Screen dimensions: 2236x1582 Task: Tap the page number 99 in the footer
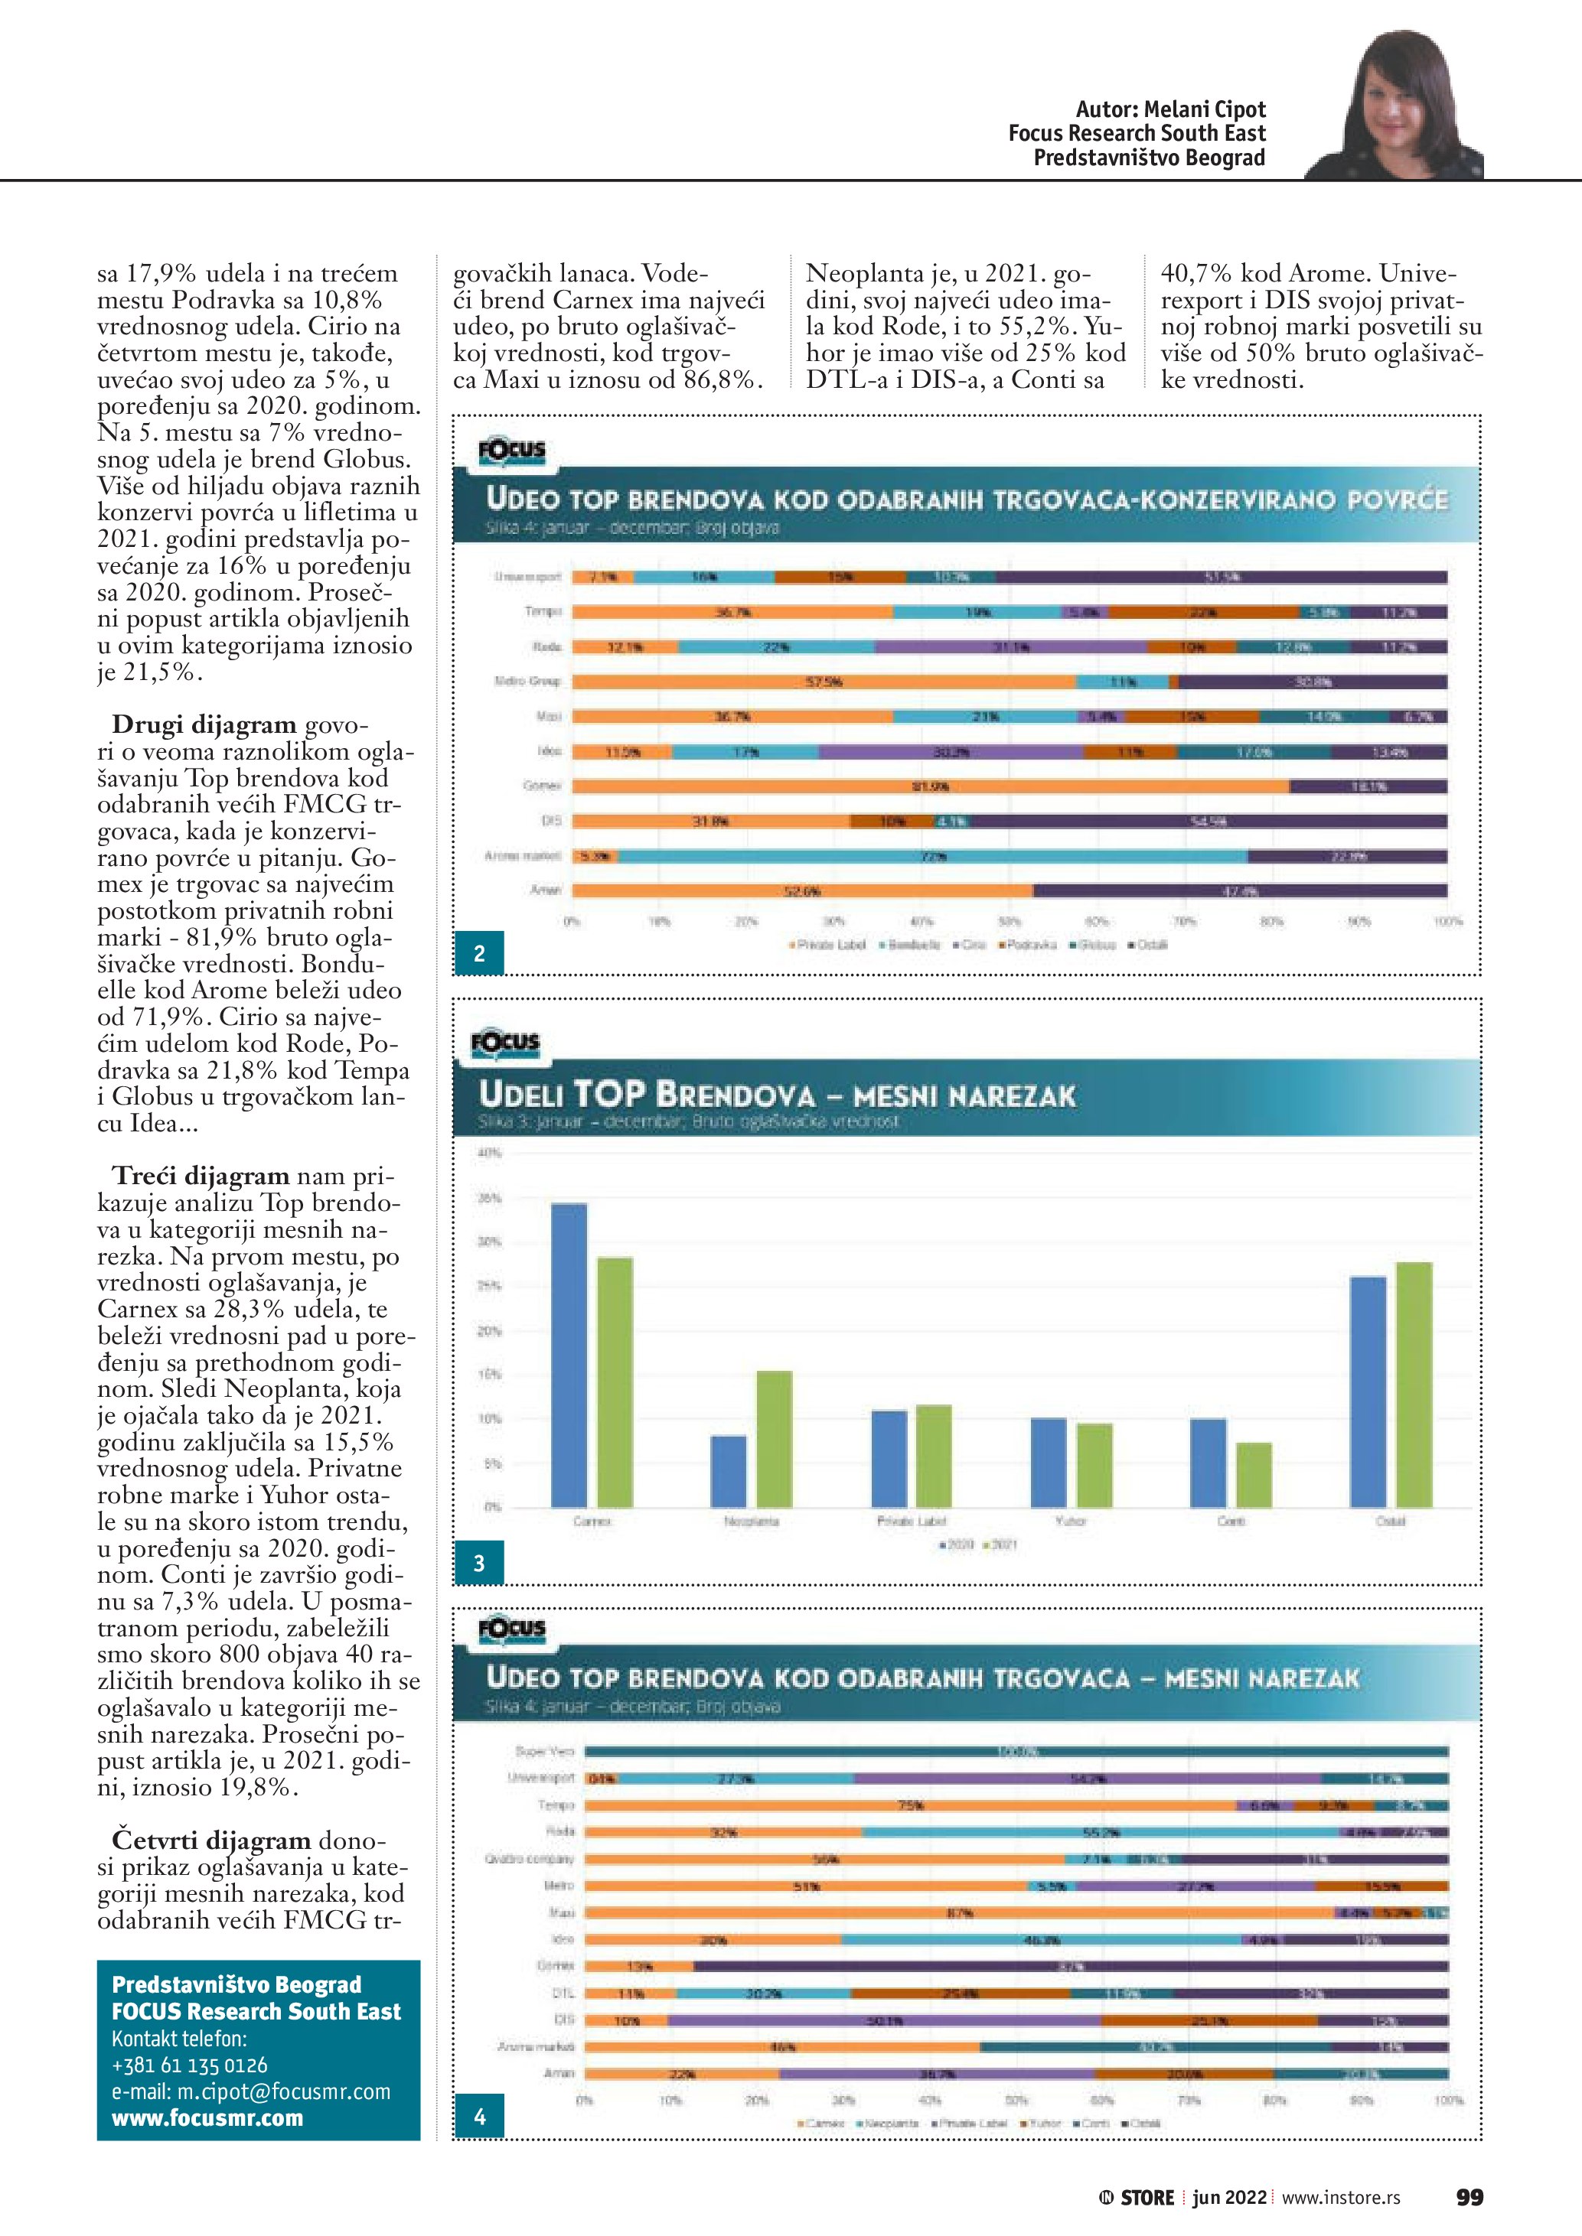tap(1469, 2196)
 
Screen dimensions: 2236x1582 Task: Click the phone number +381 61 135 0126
tap(189, 2065)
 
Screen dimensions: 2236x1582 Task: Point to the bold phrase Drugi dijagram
tap(204, 725)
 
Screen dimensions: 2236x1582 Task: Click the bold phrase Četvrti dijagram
tap(210, 1840)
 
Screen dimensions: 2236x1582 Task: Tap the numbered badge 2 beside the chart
tap(479, 953)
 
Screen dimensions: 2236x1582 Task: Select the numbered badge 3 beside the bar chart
tap(479, 1563)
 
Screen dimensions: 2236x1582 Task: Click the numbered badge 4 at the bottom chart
tap(479, 2116)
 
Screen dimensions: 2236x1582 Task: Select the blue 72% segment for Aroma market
tap(932, 856)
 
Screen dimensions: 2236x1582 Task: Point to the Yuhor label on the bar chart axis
tap(1071, 1522)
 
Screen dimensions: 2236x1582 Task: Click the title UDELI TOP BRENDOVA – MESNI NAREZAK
tap(776, 1095)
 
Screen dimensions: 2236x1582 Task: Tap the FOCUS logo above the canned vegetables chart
tap(511, 451)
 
